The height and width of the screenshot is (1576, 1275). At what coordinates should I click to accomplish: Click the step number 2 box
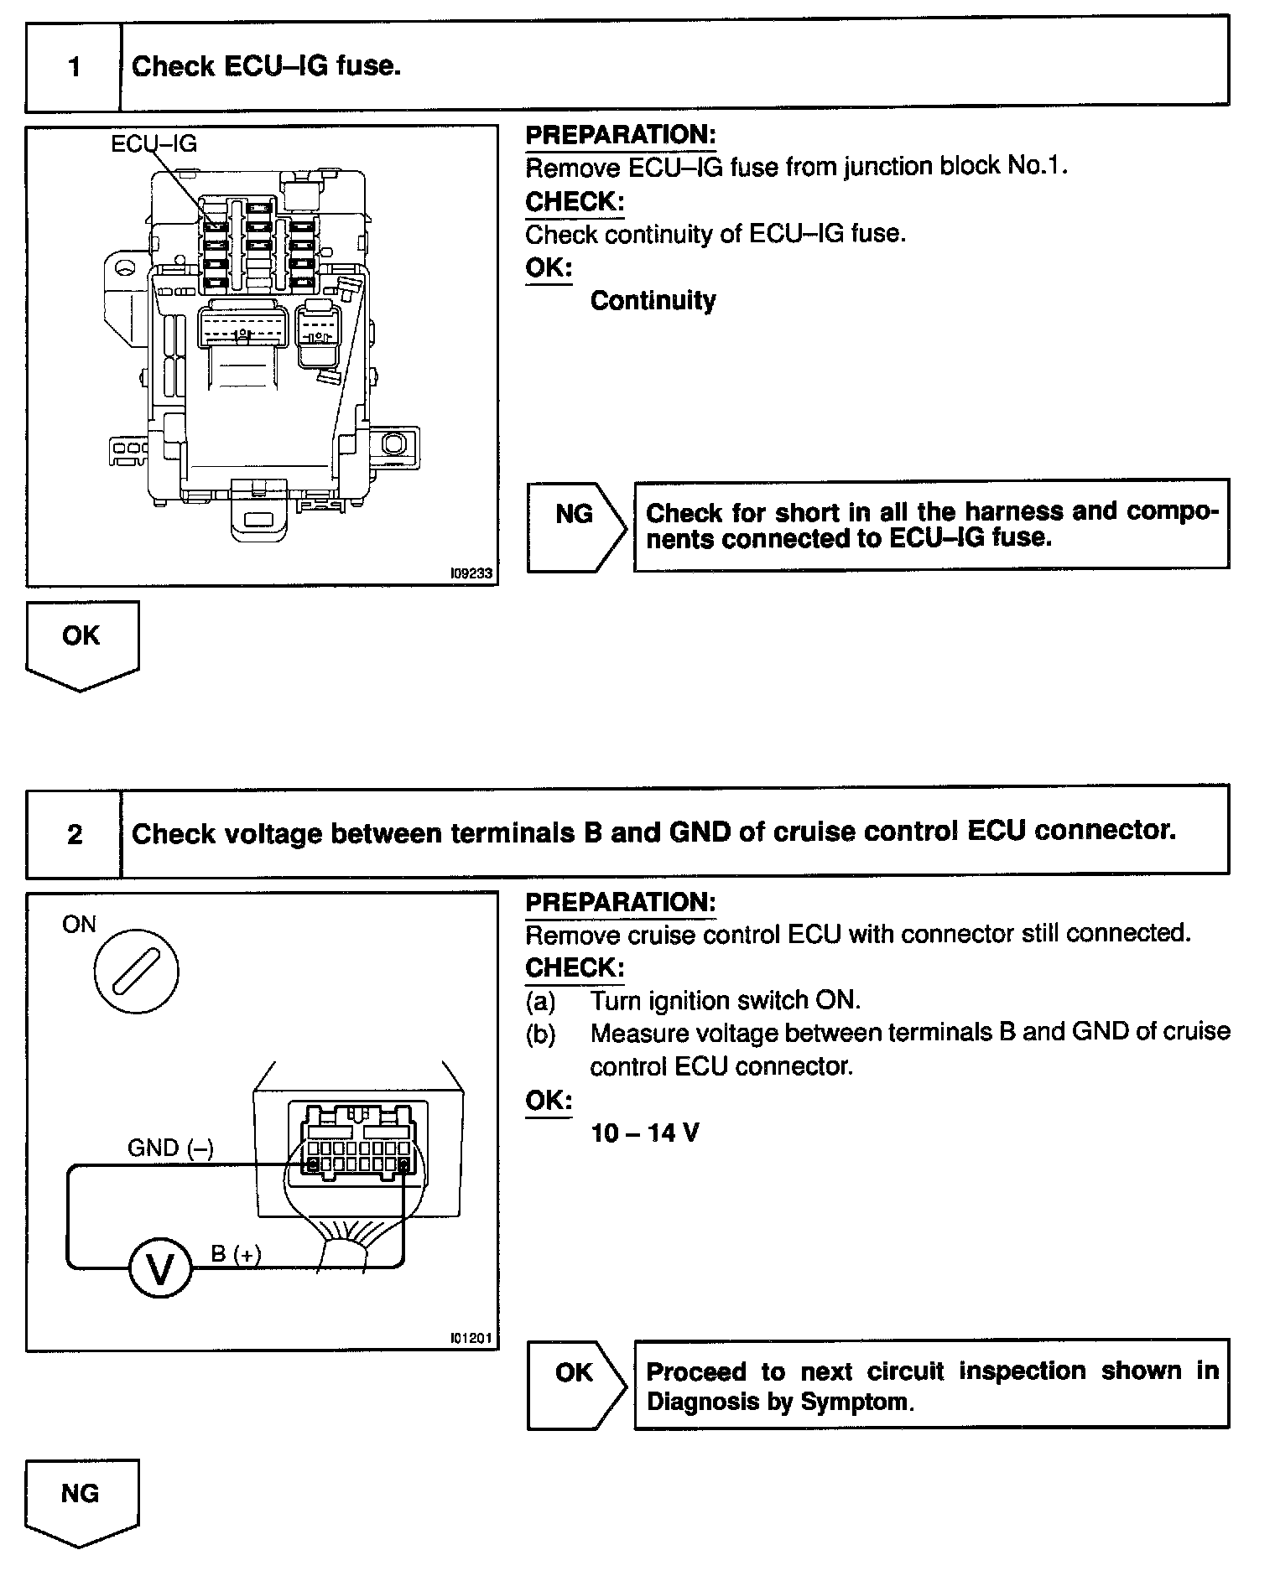pos(75,833)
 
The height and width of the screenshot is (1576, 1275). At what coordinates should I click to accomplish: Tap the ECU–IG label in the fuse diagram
pos(154,144)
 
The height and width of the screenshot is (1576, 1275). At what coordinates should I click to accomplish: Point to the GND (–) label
pos(170,1148)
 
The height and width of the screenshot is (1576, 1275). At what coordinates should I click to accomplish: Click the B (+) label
pos(236,1254)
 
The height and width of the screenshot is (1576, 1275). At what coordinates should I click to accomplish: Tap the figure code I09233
pos(471,574)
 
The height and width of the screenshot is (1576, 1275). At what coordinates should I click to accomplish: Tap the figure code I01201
pos(471,1339)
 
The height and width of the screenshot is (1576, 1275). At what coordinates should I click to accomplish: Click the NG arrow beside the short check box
pos(576,527)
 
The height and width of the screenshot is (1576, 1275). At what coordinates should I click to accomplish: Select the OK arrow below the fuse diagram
pos(81,645)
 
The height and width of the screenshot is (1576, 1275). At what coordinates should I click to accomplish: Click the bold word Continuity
pos(653,300)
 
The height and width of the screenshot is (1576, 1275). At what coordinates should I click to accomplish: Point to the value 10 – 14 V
pos(644,1133)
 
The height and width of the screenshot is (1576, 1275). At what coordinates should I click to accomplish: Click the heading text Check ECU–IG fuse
pos(266,66)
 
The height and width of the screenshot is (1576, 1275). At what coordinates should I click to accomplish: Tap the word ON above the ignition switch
pos(79,925)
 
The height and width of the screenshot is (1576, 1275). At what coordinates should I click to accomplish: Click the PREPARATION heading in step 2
pos(620,902)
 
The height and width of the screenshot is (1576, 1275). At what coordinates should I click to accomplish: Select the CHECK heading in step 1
pos(575,201)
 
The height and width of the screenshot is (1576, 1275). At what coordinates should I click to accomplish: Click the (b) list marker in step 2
pos(540,1034)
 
